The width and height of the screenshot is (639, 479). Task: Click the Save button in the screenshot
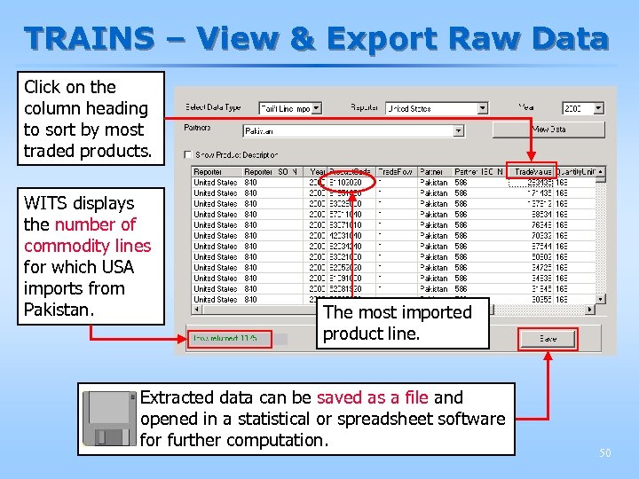tap(548, 339)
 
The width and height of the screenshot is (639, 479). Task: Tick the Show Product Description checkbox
tap(188, 154)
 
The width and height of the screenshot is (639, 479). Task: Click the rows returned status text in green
tap(219, 339)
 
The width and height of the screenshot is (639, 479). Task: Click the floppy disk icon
tap(108, 419)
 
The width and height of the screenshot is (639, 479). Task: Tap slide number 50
tap(604, 453)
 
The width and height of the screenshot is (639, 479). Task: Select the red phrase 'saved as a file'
tap(373, 397)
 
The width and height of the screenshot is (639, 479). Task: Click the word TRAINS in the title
tap(89, 39)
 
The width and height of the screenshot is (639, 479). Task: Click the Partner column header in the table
tap(433, 172)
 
